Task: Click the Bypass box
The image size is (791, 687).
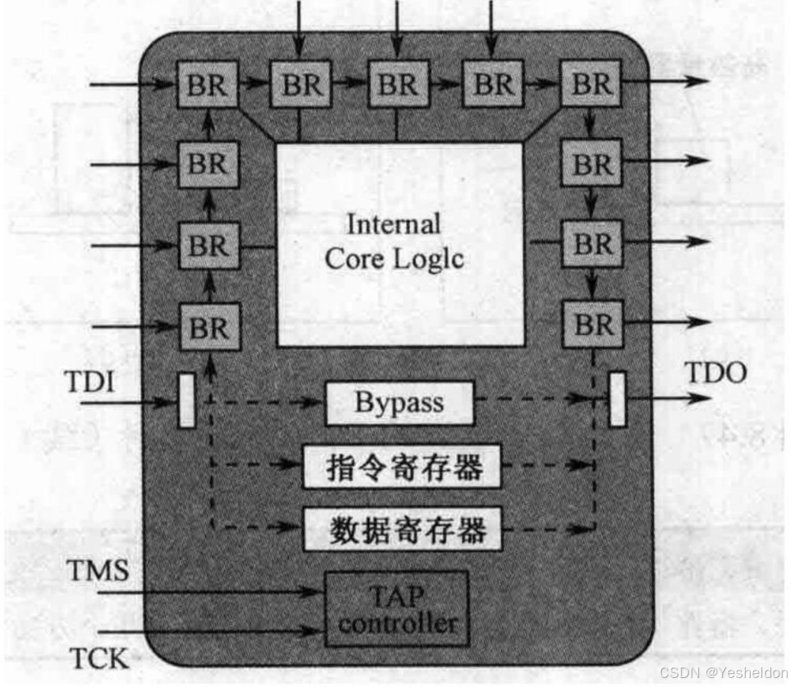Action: click(x=399, y=403)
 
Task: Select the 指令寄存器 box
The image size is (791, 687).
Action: click(x=402, y=467)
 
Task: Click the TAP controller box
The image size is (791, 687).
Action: click(x=398, y=609)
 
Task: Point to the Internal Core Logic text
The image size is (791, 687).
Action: click(x=394, y=242)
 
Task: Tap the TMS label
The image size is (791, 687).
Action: click(x=98, y=570)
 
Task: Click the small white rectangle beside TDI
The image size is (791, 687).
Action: click(x=187, y=400)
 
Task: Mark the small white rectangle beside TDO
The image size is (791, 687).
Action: click(x=617, y=399)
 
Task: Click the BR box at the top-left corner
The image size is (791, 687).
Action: click(x=208, y=84)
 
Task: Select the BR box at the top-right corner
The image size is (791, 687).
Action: click(x=591, y=83)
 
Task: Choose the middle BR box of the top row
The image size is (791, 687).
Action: click(x=398, y=84)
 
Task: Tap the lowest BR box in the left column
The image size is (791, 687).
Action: click(x=209, y=327)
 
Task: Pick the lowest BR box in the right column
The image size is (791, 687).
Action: click(x=592, y=324)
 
